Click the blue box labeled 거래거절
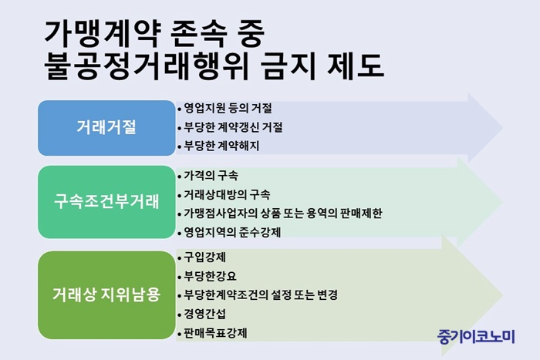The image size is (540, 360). click(106, 128)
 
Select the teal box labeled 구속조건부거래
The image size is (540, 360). click(106, 202)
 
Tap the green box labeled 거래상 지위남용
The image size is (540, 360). click(106, 295)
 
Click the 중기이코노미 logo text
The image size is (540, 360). click(476, 337)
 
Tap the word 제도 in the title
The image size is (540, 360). click(356, 66)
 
